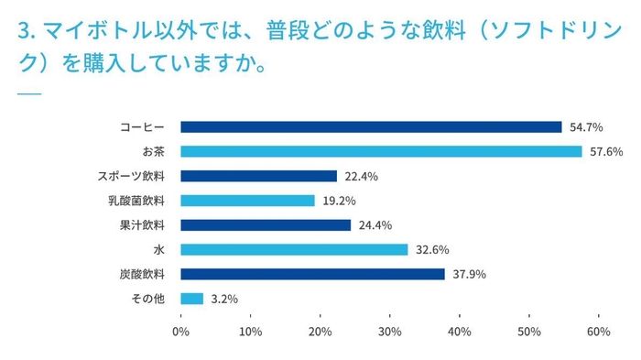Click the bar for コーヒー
[371, 127]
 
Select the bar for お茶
[381, 151]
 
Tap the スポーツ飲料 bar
[259, 176]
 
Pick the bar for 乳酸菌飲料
[247, 201]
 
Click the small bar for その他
[191, 298]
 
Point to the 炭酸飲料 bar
[312, 274]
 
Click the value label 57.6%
[605, 151]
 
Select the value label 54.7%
[585, 127]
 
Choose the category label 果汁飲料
[143, 224]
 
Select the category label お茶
[151, 151]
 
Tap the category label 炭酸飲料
[143, 274]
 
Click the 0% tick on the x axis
[180, 331]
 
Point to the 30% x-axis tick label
[390, 331]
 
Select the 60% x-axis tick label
[599, 331]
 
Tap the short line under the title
[29, 94]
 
